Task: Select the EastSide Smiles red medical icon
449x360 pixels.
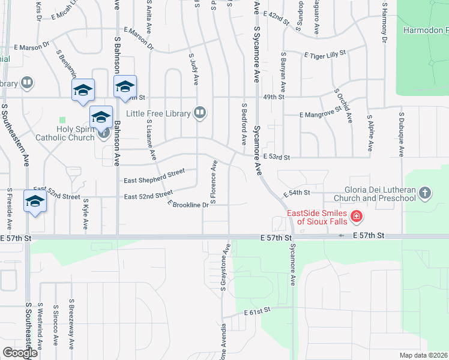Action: (357, 215)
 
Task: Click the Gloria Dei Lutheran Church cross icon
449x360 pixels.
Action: (425, 193)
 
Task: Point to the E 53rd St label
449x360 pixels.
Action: (277, 157)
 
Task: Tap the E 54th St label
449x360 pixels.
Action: (297, 193)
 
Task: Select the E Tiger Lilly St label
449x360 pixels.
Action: (326, 55)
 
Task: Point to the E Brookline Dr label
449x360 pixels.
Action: (188, 204)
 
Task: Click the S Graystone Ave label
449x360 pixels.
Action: (225, 268)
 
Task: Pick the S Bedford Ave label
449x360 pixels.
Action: (244, 124)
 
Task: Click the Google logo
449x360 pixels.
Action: (20, 353)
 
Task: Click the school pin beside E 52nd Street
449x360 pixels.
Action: (35, 202)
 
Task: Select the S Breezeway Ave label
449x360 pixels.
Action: (71, 324)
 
